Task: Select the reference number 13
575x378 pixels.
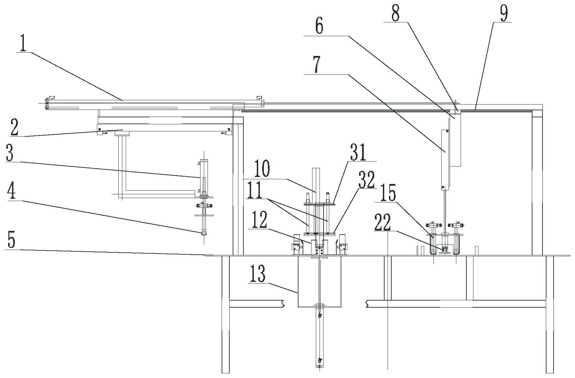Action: [257, 274]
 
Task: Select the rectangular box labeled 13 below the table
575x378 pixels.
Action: [319, 281]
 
